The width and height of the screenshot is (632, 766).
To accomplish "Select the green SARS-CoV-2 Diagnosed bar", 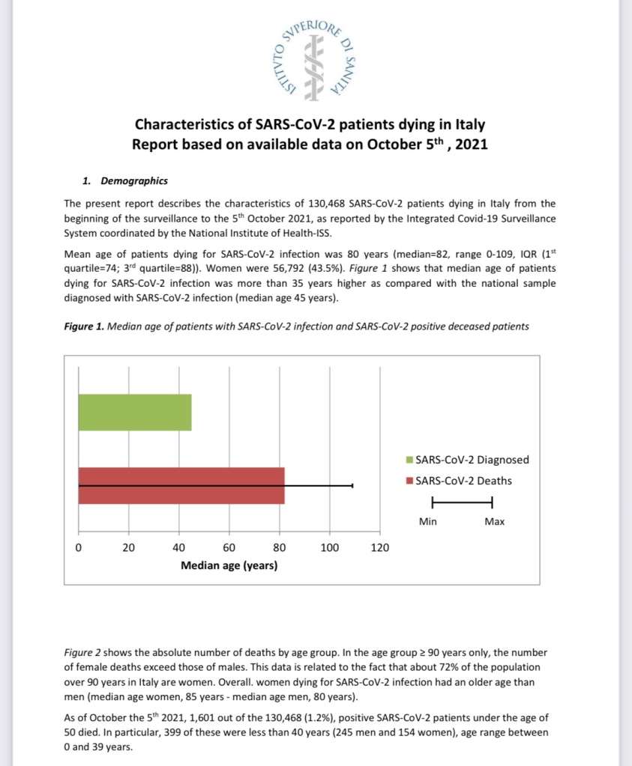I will point(135,412).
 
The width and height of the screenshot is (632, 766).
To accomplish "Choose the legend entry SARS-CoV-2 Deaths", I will point(458,480).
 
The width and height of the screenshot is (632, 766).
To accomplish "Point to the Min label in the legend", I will point(428,521).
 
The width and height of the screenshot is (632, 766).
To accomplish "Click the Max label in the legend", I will point(494,521).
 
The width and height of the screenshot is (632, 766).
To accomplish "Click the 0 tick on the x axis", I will point(79,547).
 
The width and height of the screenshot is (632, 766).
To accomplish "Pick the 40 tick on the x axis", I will point(179,547).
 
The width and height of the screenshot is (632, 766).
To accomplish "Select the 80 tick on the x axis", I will point(280,547).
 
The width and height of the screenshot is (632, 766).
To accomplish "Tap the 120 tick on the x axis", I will point(380,547).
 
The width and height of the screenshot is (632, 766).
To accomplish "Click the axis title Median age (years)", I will point(229,565).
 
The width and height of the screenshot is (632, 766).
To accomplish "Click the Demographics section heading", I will point(133,181).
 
